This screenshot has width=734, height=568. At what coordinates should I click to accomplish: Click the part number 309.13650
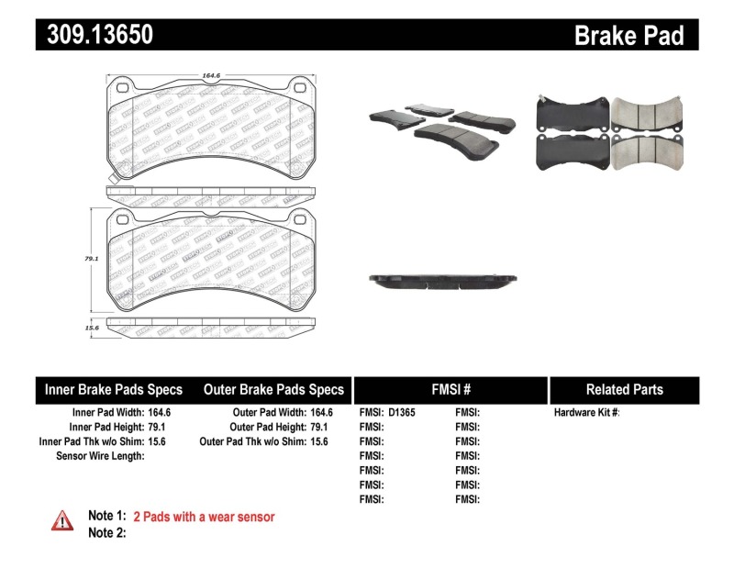click(x=95, y=35)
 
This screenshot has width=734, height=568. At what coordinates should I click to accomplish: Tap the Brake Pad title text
click(x=629, y=36)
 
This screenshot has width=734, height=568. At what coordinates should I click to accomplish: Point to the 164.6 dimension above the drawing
click(x=215, y=76)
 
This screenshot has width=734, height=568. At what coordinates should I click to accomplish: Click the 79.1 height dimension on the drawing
click(x=91, y=260)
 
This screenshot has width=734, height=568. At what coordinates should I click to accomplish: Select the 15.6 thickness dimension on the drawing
click(x=91, y=327)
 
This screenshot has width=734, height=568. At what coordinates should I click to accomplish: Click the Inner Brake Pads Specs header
click(x=114, y=389)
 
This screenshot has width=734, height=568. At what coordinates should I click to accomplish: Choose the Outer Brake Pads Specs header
click(x=273, y=389)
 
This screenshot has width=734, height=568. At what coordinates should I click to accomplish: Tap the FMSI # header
click(x=450, y=389)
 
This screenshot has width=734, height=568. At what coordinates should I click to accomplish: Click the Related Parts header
click(x=624, y=389)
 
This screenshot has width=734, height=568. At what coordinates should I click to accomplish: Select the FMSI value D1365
click(x=402, y=413)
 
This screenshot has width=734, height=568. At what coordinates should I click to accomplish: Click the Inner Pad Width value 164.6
click(x=160, y=413)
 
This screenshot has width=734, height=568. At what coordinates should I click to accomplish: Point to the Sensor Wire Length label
click(x=101, y=456)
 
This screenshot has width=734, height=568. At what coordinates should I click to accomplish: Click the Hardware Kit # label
click(x=586, y=413)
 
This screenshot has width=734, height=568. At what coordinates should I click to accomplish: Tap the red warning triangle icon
click(x=62, y=520)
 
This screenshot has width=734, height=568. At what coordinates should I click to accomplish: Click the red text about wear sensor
click(x=204, y=517)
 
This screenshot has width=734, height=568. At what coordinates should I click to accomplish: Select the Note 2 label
click(x=106, y=532)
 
